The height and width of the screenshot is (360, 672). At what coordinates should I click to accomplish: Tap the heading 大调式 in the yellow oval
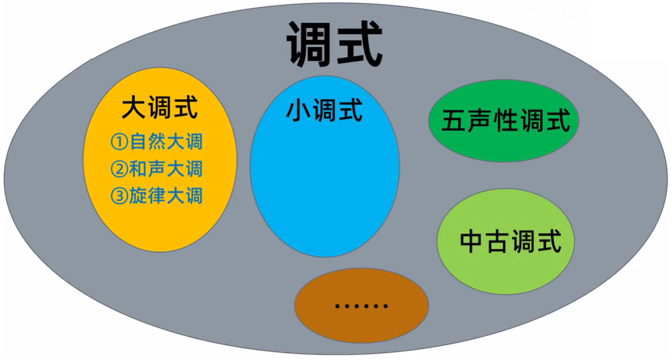(x=160, y=108)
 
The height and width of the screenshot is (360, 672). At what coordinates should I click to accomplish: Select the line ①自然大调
(x=156, y=142)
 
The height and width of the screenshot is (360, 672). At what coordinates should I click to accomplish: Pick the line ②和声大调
(x=156, y=169)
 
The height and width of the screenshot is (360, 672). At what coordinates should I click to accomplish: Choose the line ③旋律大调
(x=156, y=195)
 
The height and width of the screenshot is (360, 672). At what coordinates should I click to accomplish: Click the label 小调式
(x=325, y=111)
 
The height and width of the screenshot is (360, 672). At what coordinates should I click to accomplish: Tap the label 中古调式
(x=510, y=241)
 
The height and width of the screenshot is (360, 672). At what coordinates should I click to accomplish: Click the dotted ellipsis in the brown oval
(x=361, y=306)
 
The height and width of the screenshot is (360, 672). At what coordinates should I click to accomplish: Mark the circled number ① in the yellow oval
(x=119, y=142)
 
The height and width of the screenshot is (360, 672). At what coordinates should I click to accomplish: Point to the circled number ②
(x=119, y=169)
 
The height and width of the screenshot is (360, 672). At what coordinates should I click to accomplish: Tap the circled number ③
(x=119, y=196)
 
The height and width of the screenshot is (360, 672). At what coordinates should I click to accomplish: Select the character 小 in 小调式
(x=299, y=111)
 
